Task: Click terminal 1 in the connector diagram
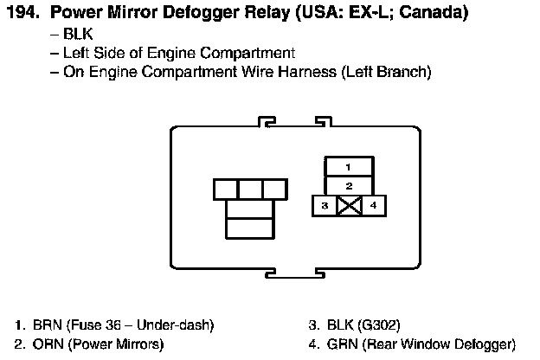[x=348, y=166]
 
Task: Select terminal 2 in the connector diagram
[x=348, y=185]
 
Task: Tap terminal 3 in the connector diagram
[x=323, y=206]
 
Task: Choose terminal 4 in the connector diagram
[x=373, y=206]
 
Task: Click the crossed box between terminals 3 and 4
[x=348, y=206]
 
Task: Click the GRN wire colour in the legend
[x=343, y=344]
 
